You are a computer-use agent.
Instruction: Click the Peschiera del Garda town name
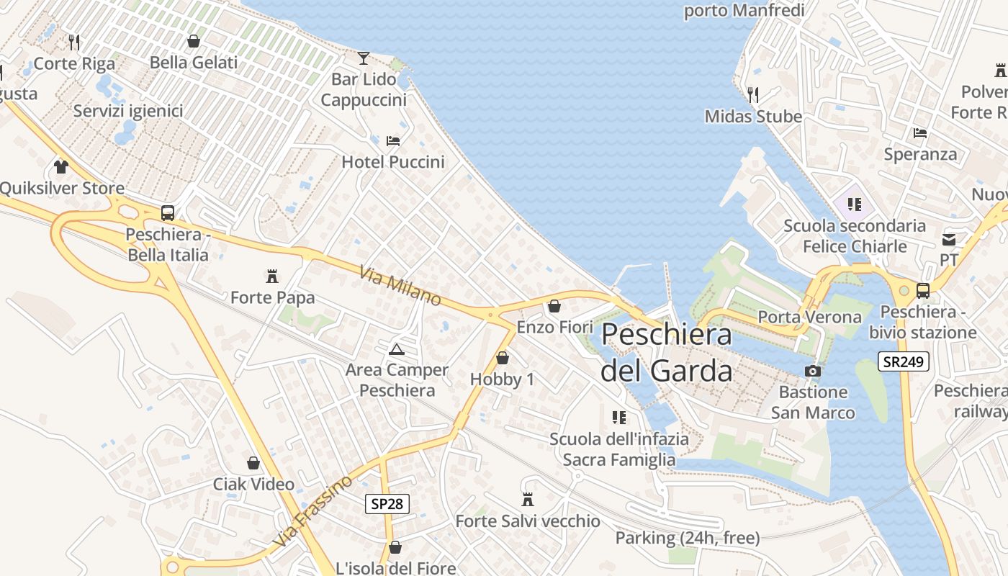click(x=667, y=353)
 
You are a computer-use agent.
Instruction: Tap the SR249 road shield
click(x=903, y=361)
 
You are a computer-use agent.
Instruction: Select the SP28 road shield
click(x=387, y=503)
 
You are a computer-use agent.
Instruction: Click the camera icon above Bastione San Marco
click(x=813, y=371)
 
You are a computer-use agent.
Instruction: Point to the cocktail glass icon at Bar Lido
click(x=364, y=58)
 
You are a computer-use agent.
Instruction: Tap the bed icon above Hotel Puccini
click(x=393, y=140)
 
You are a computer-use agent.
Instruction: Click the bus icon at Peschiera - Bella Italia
click(x=168, y=212)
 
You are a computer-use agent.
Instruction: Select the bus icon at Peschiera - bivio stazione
click(x=922, y=290)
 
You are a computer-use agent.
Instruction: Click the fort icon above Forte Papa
click(x=272, y=276)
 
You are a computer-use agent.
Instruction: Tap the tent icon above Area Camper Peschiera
click(x=396, y=350)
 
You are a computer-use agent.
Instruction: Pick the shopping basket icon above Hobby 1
click(x=503, y=358)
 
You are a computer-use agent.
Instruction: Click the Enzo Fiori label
click(x=555, y=327)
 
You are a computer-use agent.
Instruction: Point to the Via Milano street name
click(x=400, y=285)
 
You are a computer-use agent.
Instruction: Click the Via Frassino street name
click(x=313, y=510)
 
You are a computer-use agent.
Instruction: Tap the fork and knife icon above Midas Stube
click(x=753, y=94)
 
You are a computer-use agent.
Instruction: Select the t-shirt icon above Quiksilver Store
click(x=61, y=167)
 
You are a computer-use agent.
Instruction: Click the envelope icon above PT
click(x=949, y=239)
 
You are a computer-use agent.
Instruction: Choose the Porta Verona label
click(x=809, y=317)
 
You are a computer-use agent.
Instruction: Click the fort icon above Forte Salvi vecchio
click(x=528, y=499)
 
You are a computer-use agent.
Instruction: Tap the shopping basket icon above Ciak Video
click(x=253, y=462)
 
